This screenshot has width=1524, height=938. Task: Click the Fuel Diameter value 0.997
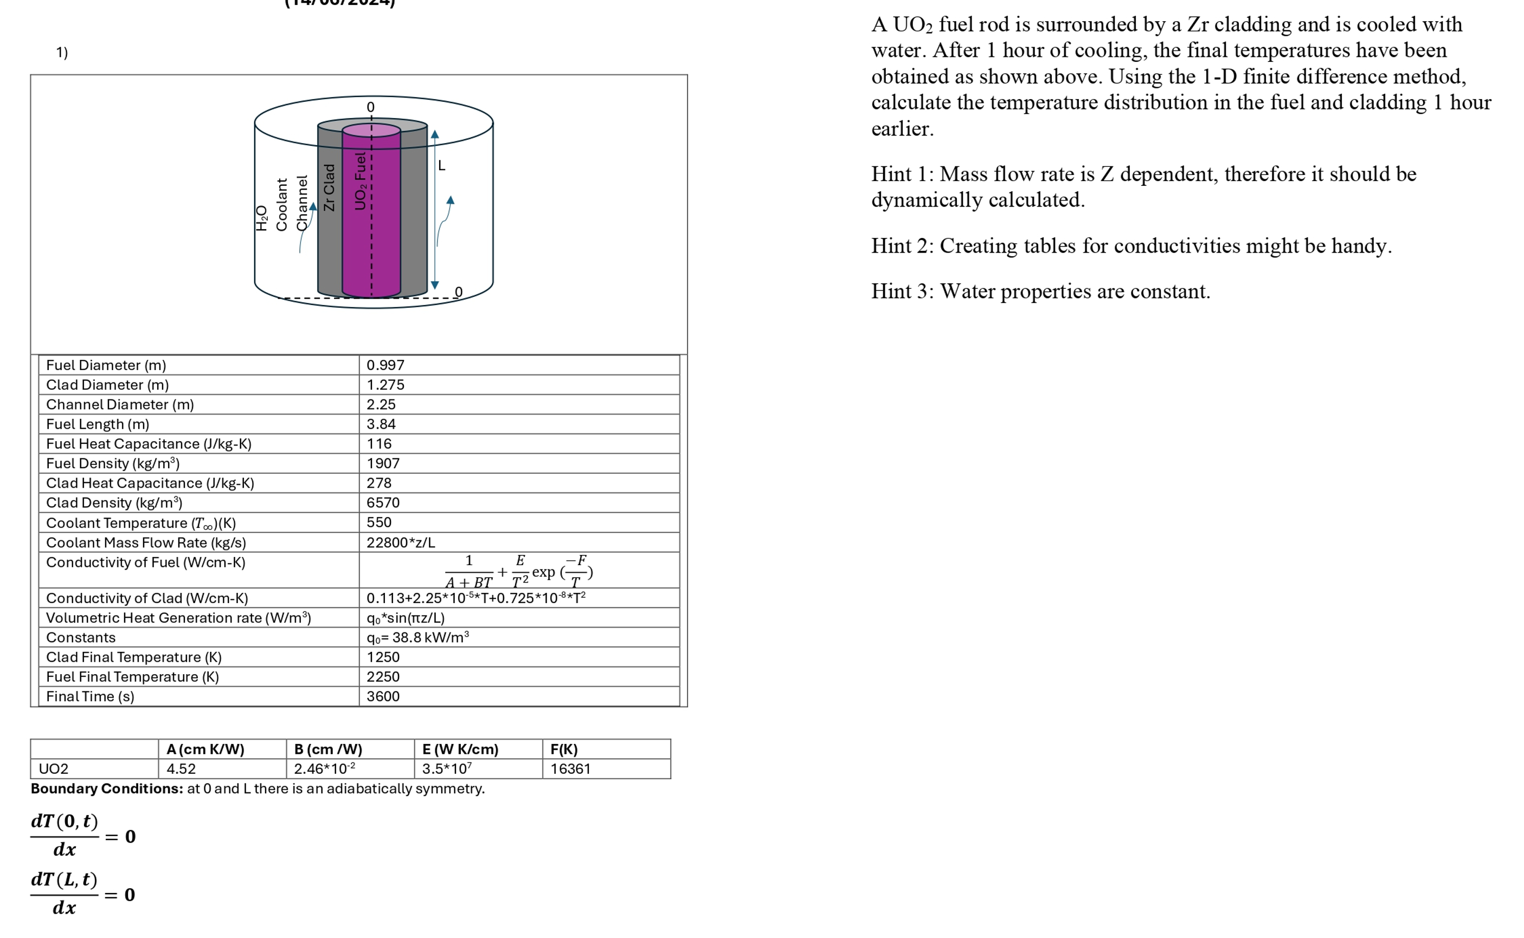(x=385, y=365)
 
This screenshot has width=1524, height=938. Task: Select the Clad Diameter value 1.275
(x=385, y=385)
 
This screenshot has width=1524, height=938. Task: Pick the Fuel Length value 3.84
(x=381, y=424)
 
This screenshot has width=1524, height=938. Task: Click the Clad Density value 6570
(x=382, y=503)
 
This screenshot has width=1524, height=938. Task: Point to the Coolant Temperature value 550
(x=378, y=522)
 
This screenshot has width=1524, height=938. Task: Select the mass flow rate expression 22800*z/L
(x=400, y=543)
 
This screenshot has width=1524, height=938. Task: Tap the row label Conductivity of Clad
(x=146, y=599)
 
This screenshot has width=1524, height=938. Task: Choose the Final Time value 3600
(x=382, y=697)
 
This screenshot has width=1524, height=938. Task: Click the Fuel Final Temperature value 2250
(x=382, y=677)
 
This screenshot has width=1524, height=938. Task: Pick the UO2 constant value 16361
(x=570, y=769)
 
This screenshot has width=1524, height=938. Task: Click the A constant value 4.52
(x=181, y=769)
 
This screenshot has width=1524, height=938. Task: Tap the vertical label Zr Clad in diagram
(x=330, y=187)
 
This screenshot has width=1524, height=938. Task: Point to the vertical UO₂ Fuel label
(x=360, y=181)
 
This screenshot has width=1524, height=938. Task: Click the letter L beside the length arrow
(x=441, y=166)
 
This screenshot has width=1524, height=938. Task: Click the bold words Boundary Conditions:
(x=107, y=789)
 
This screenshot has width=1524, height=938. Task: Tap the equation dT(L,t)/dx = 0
(x=82, y=894)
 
